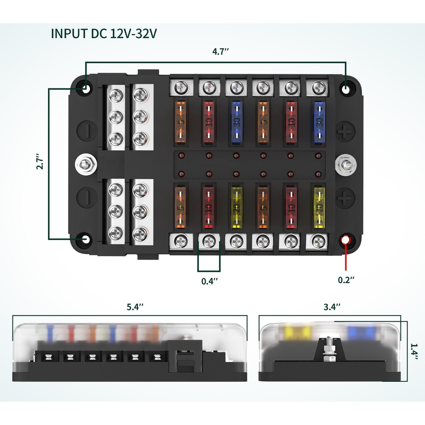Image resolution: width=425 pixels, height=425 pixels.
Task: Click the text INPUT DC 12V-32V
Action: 104,34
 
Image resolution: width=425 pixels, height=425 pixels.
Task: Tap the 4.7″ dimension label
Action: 221,52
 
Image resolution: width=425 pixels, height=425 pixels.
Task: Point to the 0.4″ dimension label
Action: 210,281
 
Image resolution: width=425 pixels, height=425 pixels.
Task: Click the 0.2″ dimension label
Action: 346,280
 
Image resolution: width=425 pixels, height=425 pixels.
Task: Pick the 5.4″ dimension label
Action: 135,307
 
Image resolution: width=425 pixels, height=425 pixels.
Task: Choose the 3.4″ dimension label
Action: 332,307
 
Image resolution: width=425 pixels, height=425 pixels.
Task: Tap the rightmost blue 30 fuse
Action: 319,122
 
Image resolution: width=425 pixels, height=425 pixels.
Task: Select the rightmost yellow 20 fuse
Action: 319,208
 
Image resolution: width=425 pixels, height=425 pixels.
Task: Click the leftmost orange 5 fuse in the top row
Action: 181,122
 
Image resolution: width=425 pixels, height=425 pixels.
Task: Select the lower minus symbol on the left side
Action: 86,197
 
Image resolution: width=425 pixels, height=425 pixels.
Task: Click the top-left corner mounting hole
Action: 86,89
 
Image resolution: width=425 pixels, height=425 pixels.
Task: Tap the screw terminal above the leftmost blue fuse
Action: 236,88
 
